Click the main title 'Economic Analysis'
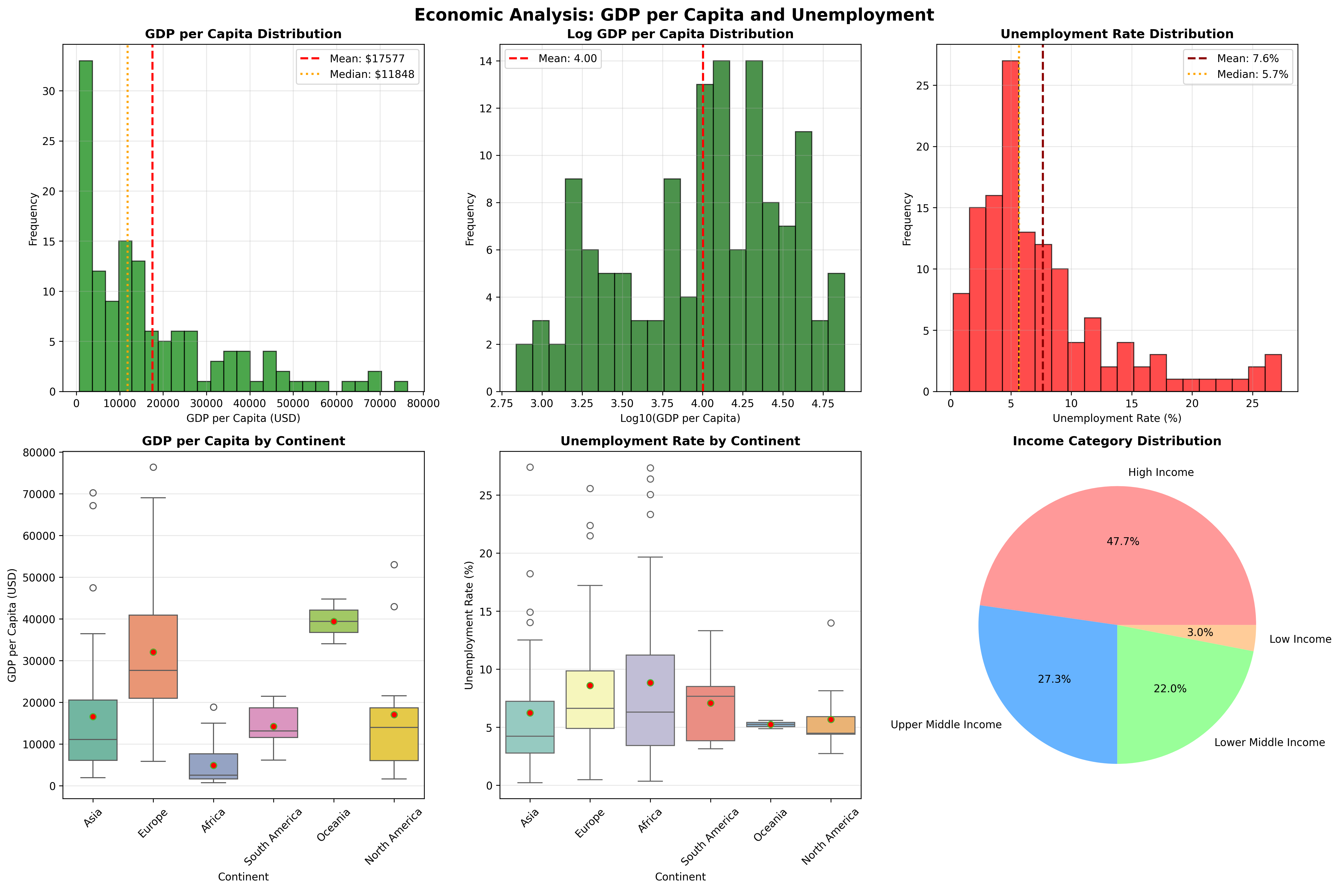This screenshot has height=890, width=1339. click(x=673, y=15)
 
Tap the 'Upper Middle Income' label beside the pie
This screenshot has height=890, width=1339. click(x=946, y=725)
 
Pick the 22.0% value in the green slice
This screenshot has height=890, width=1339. click(x=1169, y=688)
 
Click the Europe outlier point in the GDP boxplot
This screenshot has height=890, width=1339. click(x=153, y=467)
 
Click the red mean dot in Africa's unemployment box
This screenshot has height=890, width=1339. click(x=650, y=683)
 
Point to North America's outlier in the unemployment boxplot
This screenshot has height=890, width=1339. click(x=831, y=623)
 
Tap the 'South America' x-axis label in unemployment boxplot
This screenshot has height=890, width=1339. click(x=710, y=836)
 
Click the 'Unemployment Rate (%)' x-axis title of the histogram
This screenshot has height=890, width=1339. click(x=1117, y=418)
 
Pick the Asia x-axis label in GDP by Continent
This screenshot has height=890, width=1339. click(x=93, y=818)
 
